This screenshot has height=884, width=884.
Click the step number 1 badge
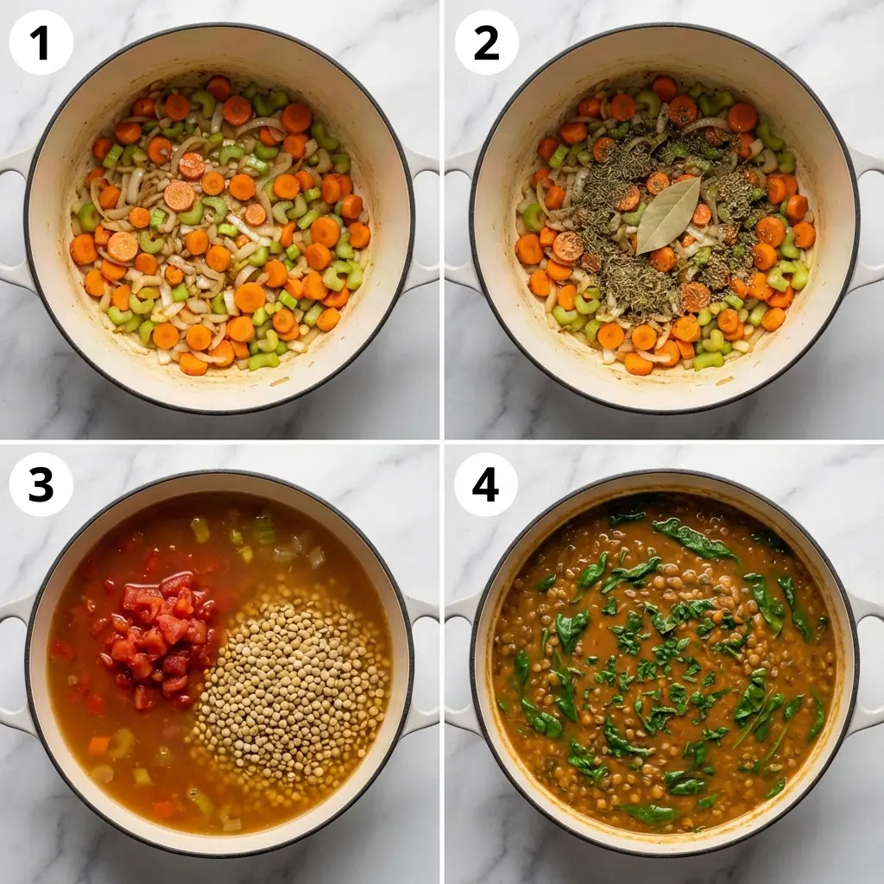click(x=41, y=42)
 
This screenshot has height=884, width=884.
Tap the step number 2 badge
click(x=486, y=42)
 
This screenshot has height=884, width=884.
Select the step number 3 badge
click(x=41, y=485)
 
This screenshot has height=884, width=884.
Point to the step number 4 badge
click(x=486, y=485)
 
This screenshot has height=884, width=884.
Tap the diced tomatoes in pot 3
click(x=160, y=630)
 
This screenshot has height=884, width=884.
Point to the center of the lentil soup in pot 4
click(x=663, y=665)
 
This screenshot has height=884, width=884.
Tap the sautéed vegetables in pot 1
click(x=220, y=224)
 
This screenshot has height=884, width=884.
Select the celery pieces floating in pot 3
click(x=259, y=531)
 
